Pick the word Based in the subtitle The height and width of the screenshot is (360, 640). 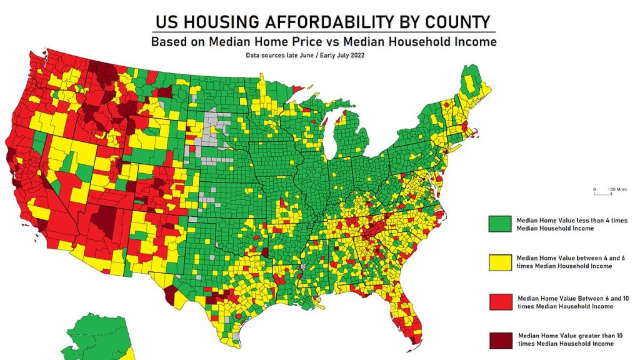tap(171, 42)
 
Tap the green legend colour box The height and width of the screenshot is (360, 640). tap(499, 224)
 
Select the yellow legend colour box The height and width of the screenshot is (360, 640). tap(499, 262)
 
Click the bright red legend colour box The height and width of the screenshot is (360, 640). tap(499, 302)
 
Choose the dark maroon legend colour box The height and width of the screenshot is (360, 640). tap(499, 339)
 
